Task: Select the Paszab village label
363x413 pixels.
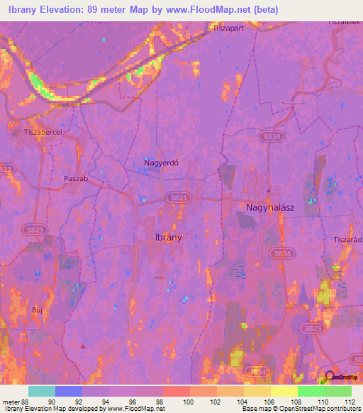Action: (76, 179)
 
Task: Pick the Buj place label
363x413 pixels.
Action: (38, 310)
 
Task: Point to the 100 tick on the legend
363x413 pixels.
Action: (189, 402)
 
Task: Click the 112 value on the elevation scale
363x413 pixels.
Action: (350, 402)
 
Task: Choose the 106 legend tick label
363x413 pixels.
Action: (269, 402)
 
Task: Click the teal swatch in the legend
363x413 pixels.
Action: (41, 391)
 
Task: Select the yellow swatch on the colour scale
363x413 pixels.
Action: (284, 391)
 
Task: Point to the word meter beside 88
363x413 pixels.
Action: (12, 402)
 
